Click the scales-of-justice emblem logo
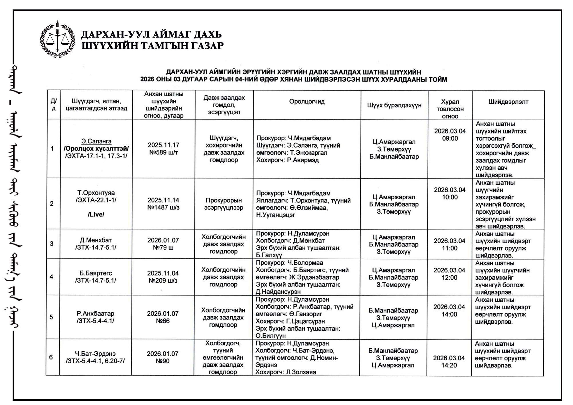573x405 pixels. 58,40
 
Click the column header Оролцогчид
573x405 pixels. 307,102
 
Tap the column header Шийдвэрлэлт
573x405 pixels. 508,102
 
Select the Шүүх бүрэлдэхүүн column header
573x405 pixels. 394,105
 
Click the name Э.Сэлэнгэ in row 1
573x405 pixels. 96,141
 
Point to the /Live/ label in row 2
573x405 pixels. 96,214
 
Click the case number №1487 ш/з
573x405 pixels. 163,207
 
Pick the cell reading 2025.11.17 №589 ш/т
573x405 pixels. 164,149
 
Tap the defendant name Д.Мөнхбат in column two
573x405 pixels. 96,240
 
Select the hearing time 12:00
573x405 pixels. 449,278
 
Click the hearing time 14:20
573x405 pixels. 449,365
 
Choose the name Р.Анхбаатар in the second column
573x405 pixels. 95,313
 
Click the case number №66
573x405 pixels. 163,321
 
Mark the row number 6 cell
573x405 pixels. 51,357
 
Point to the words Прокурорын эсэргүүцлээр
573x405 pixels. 224,204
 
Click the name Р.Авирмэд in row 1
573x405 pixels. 303,160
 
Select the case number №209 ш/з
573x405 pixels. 163,280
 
